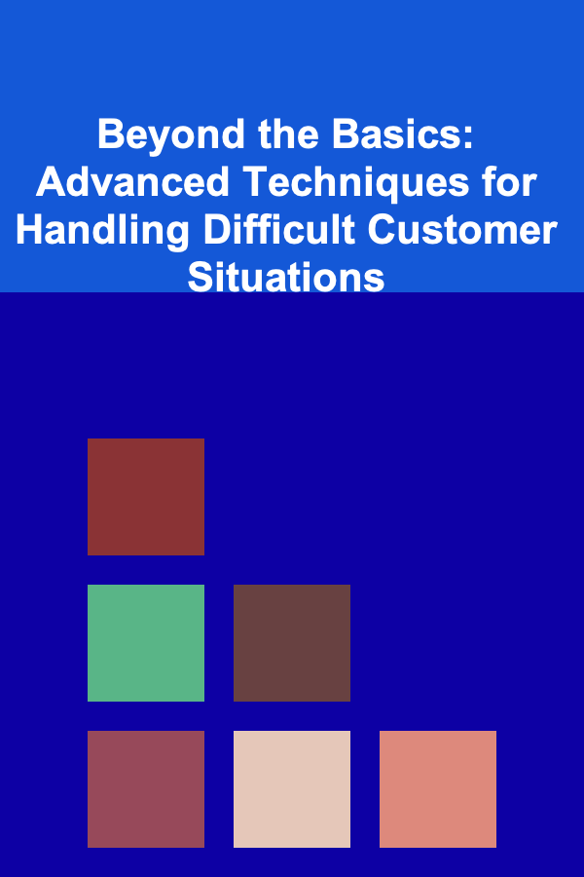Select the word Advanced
point(132,182)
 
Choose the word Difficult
point(279,229)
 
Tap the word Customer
point(462,230)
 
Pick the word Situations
point(286,277)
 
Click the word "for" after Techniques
point(510,182)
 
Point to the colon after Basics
point(468,138)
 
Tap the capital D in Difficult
point(217,230)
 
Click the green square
point(146,643)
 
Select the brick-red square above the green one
point(146,497)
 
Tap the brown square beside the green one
point(292,643)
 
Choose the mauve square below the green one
point(146,789)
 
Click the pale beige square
point(292,789)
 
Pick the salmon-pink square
point(438,789)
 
